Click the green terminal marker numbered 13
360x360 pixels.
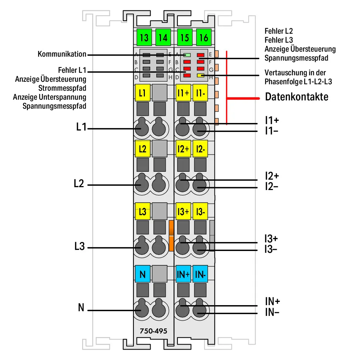[x=144, y=37]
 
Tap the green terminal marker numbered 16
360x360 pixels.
[x=204, y=37]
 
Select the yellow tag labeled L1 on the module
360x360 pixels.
[x=143, y=93]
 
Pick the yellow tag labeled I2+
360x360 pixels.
[x=183, y=149]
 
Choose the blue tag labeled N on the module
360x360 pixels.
[x=143, y=274]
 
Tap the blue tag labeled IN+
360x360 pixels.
[x=183, y=274]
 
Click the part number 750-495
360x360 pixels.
[x=153, y=331]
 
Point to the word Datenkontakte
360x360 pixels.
[x=297, y=97]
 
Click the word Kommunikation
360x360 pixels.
[x=62, y=54]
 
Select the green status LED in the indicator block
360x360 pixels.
[x=187, y=55]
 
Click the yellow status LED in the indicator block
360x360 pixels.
[x=200, y=75]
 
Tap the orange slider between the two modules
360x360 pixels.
[x=171, y=236]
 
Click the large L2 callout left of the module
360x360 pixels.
[x=79, y=184]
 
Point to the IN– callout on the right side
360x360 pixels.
[x=272, y=312]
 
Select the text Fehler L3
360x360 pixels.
[x=279, y=40]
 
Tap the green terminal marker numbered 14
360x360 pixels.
[x=163, y=37]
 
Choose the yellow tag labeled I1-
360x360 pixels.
[x=200, y=93]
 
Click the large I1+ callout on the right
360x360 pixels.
[x=272, y=120]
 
